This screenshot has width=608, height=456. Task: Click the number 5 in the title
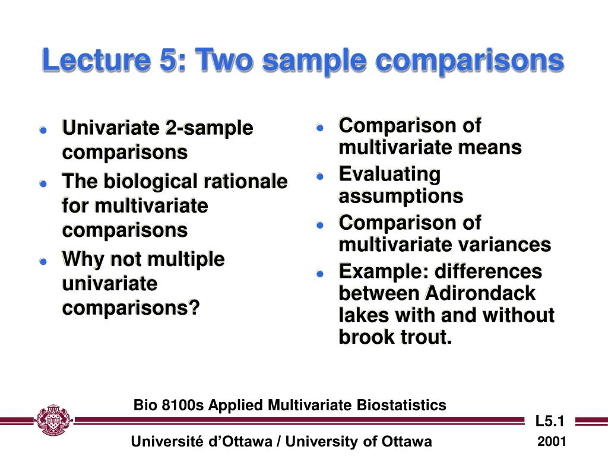[169, 60]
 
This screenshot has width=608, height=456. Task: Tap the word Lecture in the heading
[96, 60]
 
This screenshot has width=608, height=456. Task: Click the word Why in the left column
[83, 259]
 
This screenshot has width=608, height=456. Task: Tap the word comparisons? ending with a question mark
[131, 309]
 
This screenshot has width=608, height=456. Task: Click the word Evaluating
[389, 175]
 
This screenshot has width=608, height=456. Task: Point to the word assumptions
[401, 196]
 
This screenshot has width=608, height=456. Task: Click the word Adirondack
[480, 293]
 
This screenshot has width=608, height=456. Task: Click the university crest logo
[53, 420]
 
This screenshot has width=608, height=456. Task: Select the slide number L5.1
[550, 421]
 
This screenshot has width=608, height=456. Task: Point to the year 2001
[552, 441]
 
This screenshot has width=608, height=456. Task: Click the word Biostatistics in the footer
[401, 405]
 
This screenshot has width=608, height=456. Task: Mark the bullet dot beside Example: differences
[320, 274]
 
